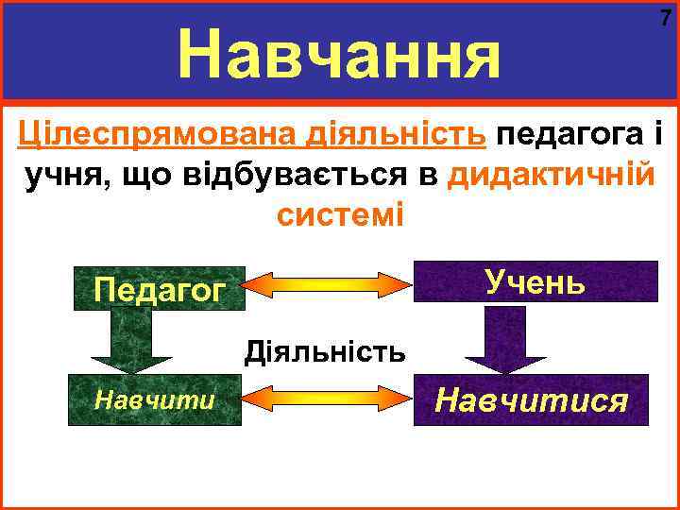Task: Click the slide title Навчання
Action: (x=339, y=54)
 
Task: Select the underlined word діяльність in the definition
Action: (x=395, y=135)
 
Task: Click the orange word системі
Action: (x=340, y=214)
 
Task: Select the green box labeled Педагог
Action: (x=159, y=289)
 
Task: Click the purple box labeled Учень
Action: (x=536, y=281)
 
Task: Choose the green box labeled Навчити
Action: (x=154, y=399)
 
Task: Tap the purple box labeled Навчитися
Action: (x=532, y=400)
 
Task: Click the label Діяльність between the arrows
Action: (x=325, y=353)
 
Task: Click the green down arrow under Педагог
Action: (x=131, y=340)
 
